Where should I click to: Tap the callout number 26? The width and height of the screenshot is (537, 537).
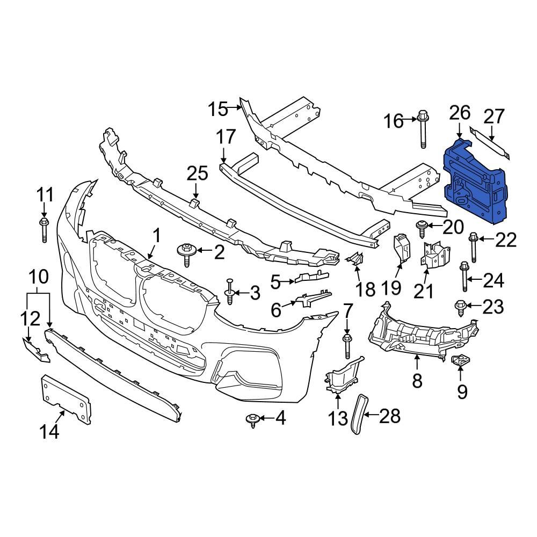pyautogui.click(x=460, y=113)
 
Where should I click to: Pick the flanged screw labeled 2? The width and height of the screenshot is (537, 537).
pyautogui.click(x=187, y=253)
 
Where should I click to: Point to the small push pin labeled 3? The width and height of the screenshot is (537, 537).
pyautogui.click(x=229, y=292)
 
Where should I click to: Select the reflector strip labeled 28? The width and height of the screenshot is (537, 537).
pyautogui.click(x=359, y=412)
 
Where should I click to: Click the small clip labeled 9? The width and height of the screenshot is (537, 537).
pyautogui.click(x=460, y=361)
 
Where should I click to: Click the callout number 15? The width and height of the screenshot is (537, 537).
pyautogui.click(x=218, y=110)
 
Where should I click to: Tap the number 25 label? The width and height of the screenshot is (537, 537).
pyautogui.click(x=197, y=173)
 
